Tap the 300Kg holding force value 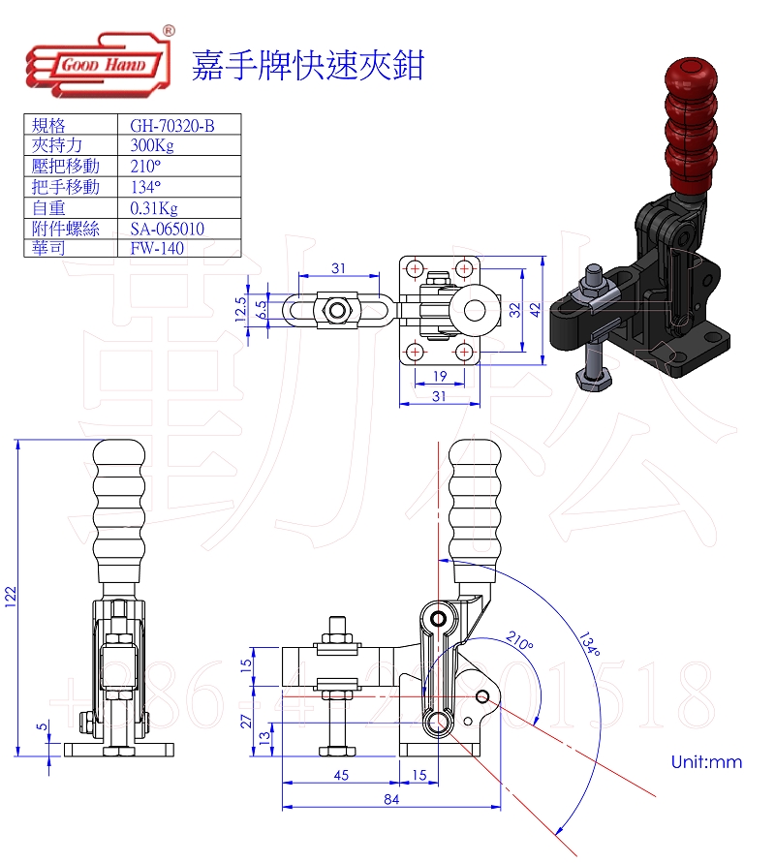[x=151, y=145]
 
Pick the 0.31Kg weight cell [x=154, y=207]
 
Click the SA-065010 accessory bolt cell [x=167, y=229]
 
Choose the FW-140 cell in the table [x=157, y=248]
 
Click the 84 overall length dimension [x=391, y=799]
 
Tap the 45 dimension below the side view [x=340, y=774]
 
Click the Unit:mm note [x=706, y=762]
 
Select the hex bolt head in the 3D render [x=591, y=376]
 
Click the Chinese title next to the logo [x=308, y=65]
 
